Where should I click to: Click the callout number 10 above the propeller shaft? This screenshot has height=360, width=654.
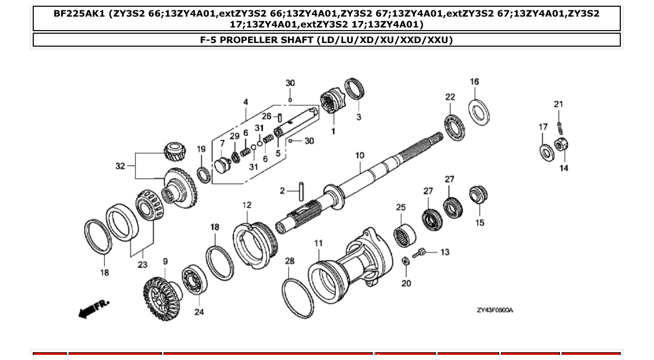pyautogui.click(x=360, y=155)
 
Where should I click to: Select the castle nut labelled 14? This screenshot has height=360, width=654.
pyautogui.click(x=561, y=145)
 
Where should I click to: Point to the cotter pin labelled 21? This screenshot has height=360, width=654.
pyautogui.click(x=559, y=126)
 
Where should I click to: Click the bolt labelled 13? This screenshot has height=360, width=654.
pyautogui.click(x=419, y=254)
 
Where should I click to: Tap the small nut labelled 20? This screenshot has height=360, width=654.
pyautogui.click(x=406, y=261)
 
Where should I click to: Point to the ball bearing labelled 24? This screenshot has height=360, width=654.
pyautogui.click(x=195, y=281)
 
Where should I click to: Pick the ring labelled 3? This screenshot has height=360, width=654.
pyautogui.click(x=355, y=89)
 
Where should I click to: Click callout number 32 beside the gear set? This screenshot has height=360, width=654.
pyautogui.click(x=120, y=166)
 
